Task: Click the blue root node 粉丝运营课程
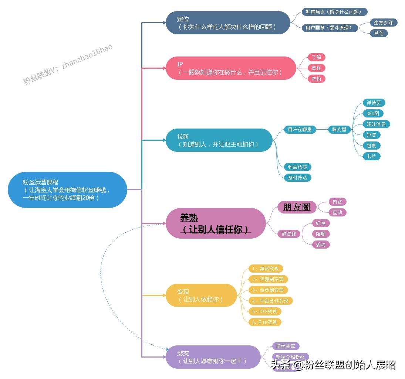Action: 67,190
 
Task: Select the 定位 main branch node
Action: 228,23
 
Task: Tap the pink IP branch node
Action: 231,68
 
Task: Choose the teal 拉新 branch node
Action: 219,140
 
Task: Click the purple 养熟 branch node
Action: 216,223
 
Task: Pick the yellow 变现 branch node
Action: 201,295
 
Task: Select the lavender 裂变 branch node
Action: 213,357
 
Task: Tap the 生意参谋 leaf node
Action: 383,23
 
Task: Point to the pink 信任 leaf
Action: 316,68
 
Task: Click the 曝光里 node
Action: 339,129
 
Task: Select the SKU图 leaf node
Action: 373,113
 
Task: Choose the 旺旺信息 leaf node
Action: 376,124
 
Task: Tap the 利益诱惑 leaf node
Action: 298,167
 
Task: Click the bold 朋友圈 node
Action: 297,207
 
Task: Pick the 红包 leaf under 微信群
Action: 321,223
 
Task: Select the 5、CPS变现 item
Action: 264,311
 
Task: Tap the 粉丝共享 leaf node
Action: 286,346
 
